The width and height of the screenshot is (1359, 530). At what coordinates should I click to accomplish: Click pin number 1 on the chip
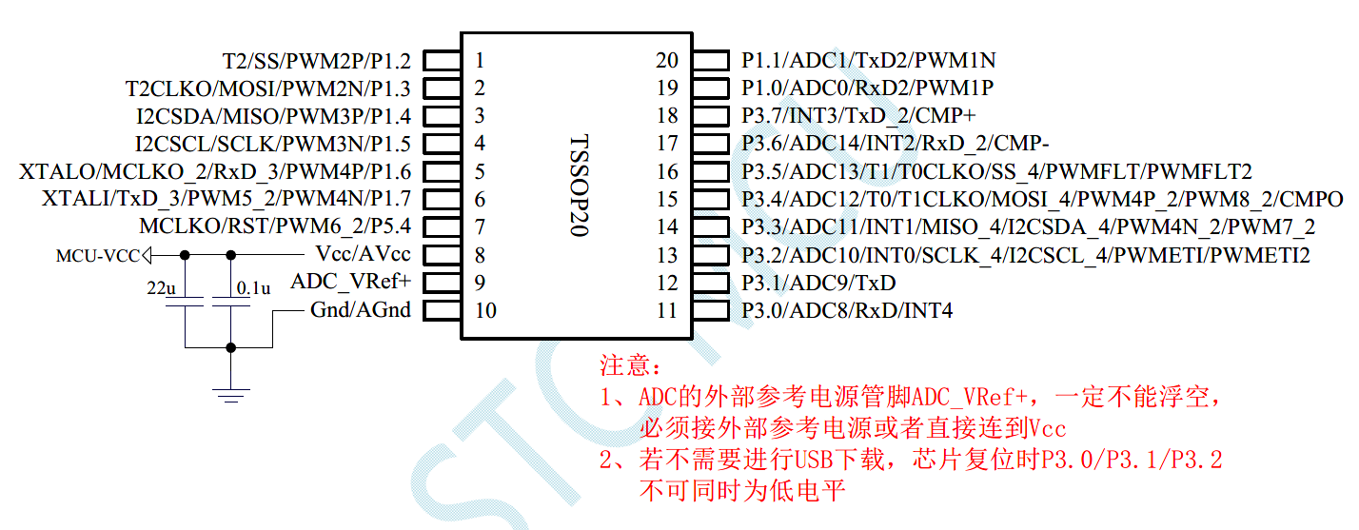[480, 61]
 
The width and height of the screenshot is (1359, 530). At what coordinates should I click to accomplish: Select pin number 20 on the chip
[667, 61]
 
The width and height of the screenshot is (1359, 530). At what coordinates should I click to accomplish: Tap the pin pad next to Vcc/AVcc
[440, 255]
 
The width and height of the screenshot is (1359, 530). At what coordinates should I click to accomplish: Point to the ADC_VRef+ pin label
[351, 283]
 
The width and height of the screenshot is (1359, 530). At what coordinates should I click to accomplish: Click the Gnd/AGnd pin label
[361, 310]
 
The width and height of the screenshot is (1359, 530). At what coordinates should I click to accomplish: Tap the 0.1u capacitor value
[254, 286]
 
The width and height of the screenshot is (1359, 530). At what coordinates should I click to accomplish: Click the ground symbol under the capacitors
[229, 392]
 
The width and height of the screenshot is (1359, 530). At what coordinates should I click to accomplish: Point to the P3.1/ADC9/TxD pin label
[818, 283]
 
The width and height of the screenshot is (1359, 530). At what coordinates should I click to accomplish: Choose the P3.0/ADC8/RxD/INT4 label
[847, 310]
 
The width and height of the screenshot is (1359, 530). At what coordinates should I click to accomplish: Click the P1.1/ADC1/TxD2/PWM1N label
[868, 61]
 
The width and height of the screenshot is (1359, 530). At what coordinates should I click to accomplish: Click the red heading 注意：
[629, 364]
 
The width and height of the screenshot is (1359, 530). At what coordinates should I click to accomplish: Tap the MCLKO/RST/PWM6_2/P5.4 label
[275, 227]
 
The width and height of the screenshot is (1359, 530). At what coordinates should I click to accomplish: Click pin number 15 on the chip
[667, 200]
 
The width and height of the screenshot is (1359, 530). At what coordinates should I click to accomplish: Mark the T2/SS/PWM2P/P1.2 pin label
[317, 61]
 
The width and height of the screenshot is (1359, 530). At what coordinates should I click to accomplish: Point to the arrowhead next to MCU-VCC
[147, 255]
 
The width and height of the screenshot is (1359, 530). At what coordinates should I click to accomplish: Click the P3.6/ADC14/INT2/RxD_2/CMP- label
[896, 144]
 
